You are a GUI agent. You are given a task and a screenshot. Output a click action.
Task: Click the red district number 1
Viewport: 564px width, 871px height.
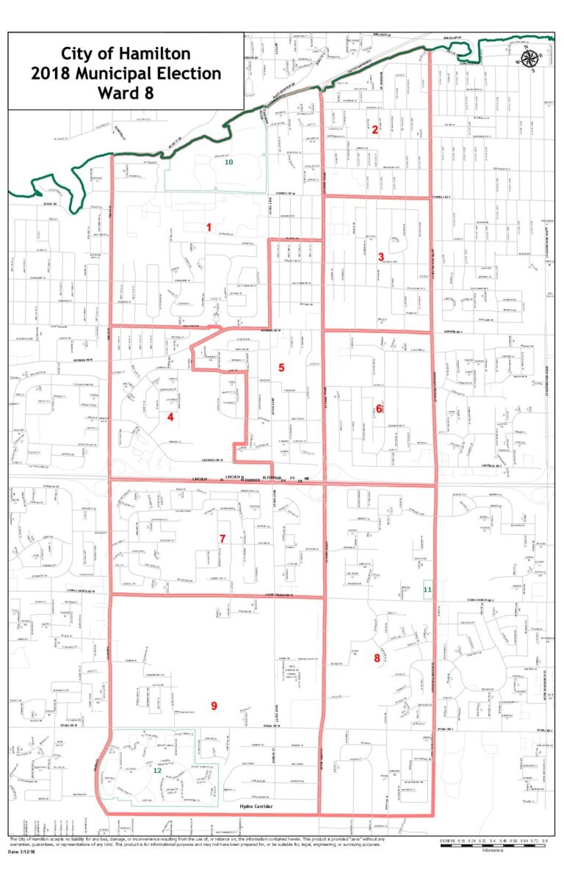[x=209, y=227]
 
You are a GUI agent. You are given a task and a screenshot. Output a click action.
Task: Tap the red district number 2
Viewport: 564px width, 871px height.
[x=375, y=130]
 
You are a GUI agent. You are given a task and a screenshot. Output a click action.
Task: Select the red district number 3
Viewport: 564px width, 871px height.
[x=381, y=257]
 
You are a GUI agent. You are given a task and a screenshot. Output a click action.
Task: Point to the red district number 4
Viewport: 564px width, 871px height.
[x=170, y=418]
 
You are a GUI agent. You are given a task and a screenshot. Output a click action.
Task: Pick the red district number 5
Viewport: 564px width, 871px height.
[x=281, y=366]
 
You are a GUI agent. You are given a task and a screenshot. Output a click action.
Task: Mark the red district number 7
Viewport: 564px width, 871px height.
[x=222, y=538]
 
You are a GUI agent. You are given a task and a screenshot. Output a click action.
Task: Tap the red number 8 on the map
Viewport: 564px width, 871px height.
[x=377, y=658]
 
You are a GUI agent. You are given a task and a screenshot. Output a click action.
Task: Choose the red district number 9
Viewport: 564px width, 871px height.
[x=214, y=706]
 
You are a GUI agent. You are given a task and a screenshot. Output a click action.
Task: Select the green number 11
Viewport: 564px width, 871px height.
[x=427, y=589]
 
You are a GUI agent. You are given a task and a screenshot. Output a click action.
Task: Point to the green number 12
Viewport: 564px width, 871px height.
[x=156, y=770]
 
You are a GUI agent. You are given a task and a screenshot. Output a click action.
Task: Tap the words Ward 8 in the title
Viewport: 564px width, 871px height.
[x=126, y=93]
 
